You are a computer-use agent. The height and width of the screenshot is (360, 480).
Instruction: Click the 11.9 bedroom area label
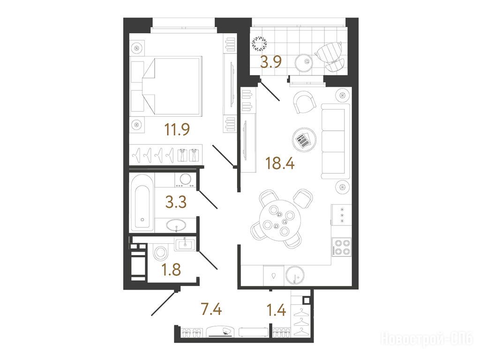(x=177, y=129)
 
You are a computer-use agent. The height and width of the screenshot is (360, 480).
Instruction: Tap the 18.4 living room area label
(x=280, y=163)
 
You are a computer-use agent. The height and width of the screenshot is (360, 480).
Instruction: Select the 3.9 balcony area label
(x=270, y=62)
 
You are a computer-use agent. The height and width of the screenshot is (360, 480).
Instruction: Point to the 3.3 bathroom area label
(x=176, y=202)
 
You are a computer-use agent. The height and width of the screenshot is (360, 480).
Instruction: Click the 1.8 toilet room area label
(x=171, y=270)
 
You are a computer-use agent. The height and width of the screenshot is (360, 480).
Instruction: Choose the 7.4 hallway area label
(x=211, y=309)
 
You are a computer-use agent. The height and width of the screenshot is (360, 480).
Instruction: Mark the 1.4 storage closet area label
(x=276, y=310)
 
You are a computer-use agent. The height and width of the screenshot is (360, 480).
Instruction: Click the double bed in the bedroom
(x=166, y=86)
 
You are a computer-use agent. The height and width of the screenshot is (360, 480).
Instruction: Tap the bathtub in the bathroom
(x=142, y=202)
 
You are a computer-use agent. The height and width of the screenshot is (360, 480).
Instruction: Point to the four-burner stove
(x=342, y=247)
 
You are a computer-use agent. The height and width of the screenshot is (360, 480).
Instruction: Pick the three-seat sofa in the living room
(x=336, y=141)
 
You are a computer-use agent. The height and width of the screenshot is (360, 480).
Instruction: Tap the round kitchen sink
(x=295, y=275)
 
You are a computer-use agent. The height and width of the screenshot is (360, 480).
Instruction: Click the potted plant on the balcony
(x=259, y=44)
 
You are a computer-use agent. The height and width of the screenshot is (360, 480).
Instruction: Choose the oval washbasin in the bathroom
(x=176, y=225)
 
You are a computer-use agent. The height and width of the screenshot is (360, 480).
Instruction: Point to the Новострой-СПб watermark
(x=427, y=338)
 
